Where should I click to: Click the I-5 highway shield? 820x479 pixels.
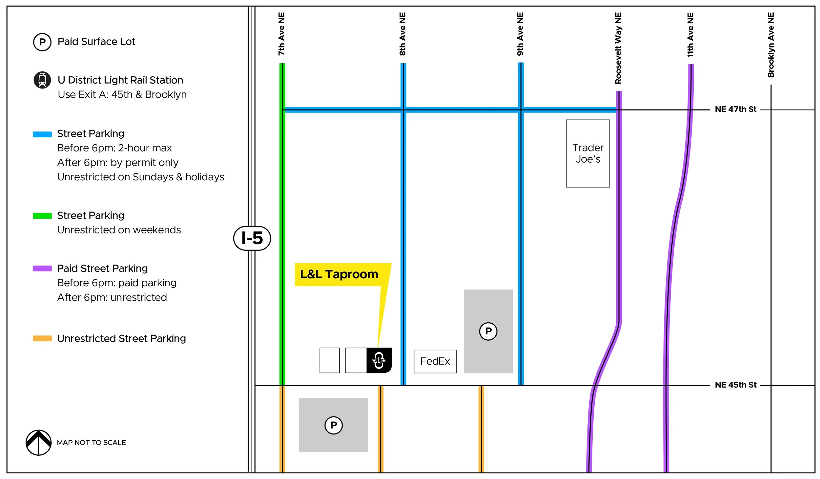click(252, 238)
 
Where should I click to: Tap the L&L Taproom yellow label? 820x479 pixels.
click(339, 274)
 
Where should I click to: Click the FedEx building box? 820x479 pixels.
click(435, 361)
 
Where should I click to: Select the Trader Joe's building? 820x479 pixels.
click(588, 153)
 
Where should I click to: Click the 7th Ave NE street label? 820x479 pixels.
click(281, 34)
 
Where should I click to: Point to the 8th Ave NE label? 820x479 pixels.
click(402, 34)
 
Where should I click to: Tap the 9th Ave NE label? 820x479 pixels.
click(520, 34)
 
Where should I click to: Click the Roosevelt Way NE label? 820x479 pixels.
click(618, 48)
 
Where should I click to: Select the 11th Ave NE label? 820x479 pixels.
click(690, 35)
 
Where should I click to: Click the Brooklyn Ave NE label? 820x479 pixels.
click(770, 45)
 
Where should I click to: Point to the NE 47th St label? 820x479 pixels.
click(735, 109)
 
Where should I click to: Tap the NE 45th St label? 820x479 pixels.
click(735, 385)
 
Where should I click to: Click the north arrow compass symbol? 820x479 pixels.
click(39, 443)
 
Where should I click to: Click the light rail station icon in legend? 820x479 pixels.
click(42, 80)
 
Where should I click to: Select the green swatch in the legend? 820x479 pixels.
click(42, 216)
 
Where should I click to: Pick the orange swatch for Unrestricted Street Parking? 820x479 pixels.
click(42, 338)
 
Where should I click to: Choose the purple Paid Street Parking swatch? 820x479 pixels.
click(42, 269)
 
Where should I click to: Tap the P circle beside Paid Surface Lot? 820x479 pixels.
click(42, 42)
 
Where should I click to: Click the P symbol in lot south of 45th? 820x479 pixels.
click(334, 425)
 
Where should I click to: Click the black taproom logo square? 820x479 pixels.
click(379, 360)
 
